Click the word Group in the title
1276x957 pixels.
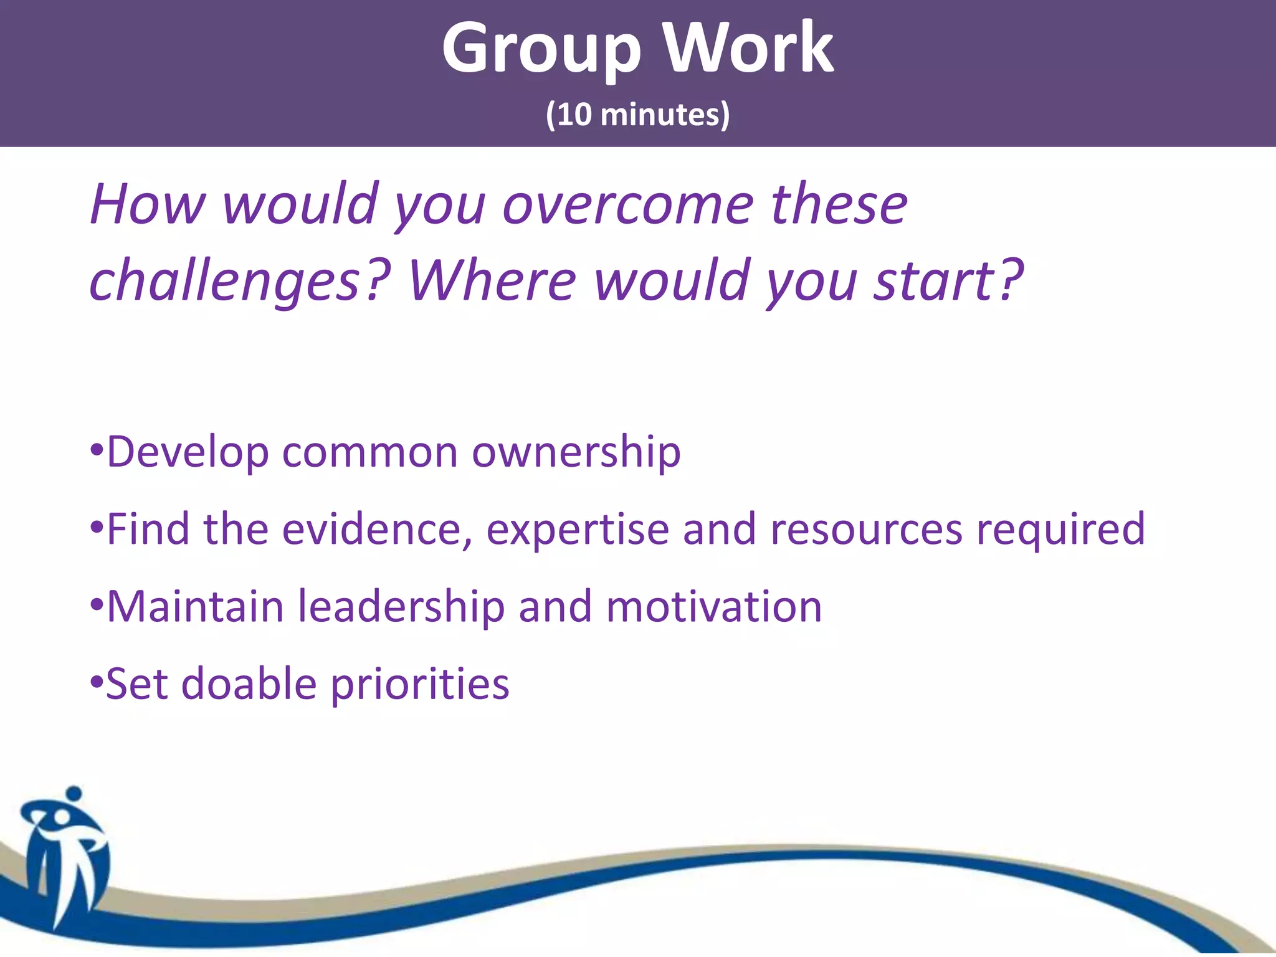click(x=541, y=50)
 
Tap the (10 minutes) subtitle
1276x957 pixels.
click(x=637, y=115)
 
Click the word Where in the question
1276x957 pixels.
click(x=492, y=280)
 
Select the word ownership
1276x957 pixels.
click(x=576, y=453)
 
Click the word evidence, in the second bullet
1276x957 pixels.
click(x=377, y=530)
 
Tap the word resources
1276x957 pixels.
click(x=867, y=530)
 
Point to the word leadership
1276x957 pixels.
click(x=401, y=608)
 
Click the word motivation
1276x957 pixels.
click(x=713, y=607)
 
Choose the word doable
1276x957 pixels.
click(x=249, y=684)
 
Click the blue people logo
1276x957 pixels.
click(x=65, y=854)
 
